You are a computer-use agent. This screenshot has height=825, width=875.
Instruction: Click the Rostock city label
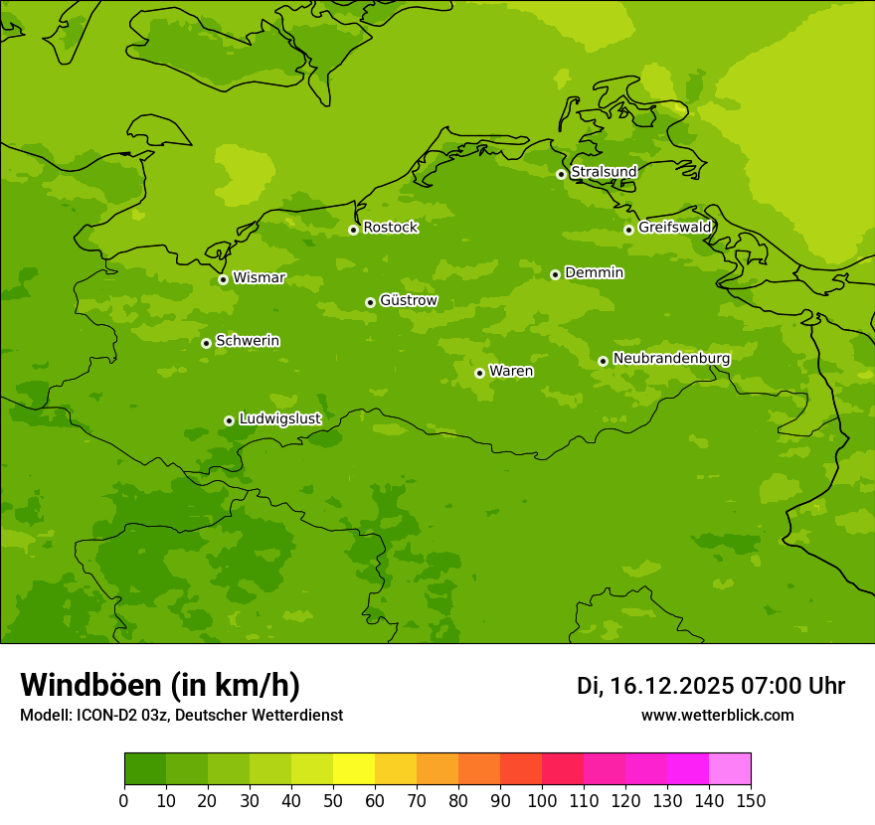(391, 228)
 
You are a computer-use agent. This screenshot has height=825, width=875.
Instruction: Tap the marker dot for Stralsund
(561, 174)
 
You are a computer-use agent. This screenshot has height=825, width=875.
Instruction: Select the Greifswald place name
(675, 228)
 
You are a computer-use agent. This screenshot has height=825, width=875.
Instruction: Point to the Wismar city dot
(223, 279)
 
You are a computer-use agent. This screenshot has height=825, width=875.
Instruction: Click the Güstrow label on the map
(409, 300)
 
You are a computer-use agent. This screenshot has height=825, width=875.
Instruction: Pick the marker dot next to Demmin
(555, 274)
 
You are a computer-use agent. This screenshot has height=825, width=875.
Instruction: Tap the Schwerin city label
(248, 341)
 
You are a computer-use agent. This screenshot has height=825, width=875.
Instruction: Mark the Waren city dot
(479, 373)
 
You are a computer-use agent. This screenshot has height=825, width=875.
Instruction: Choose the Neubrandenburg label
(671, 359)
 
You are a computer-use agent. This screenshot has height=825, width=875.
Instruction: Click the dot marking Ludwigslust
(229, 420)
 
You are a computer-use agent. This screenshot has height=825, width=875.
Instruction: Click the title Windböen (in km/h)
(160, 685)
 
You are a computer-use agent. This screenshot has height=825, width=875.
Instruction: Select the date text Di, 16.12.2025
(655, 686)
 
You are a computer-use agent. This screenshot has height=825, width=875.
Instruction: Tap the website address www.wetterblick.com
(717, 716)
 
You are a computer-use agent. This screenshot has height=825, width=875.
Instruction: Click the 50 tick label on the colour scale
(333, 801)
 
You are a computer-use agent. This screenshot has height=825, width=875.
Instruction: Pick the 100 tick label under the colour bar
(542, 801)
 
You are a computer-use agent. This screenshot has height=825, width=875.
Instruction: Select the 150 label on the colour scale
(751, 801)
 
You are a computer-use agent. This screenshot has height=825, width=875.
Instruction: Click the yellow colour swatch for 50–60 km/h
(354, 769)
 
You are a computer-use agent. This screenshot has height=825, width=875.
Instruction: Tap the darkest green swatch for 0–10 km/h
(145, 769)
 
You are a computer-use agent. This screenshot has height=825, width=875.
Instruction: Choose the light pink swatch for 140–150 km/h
(730, 769)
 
